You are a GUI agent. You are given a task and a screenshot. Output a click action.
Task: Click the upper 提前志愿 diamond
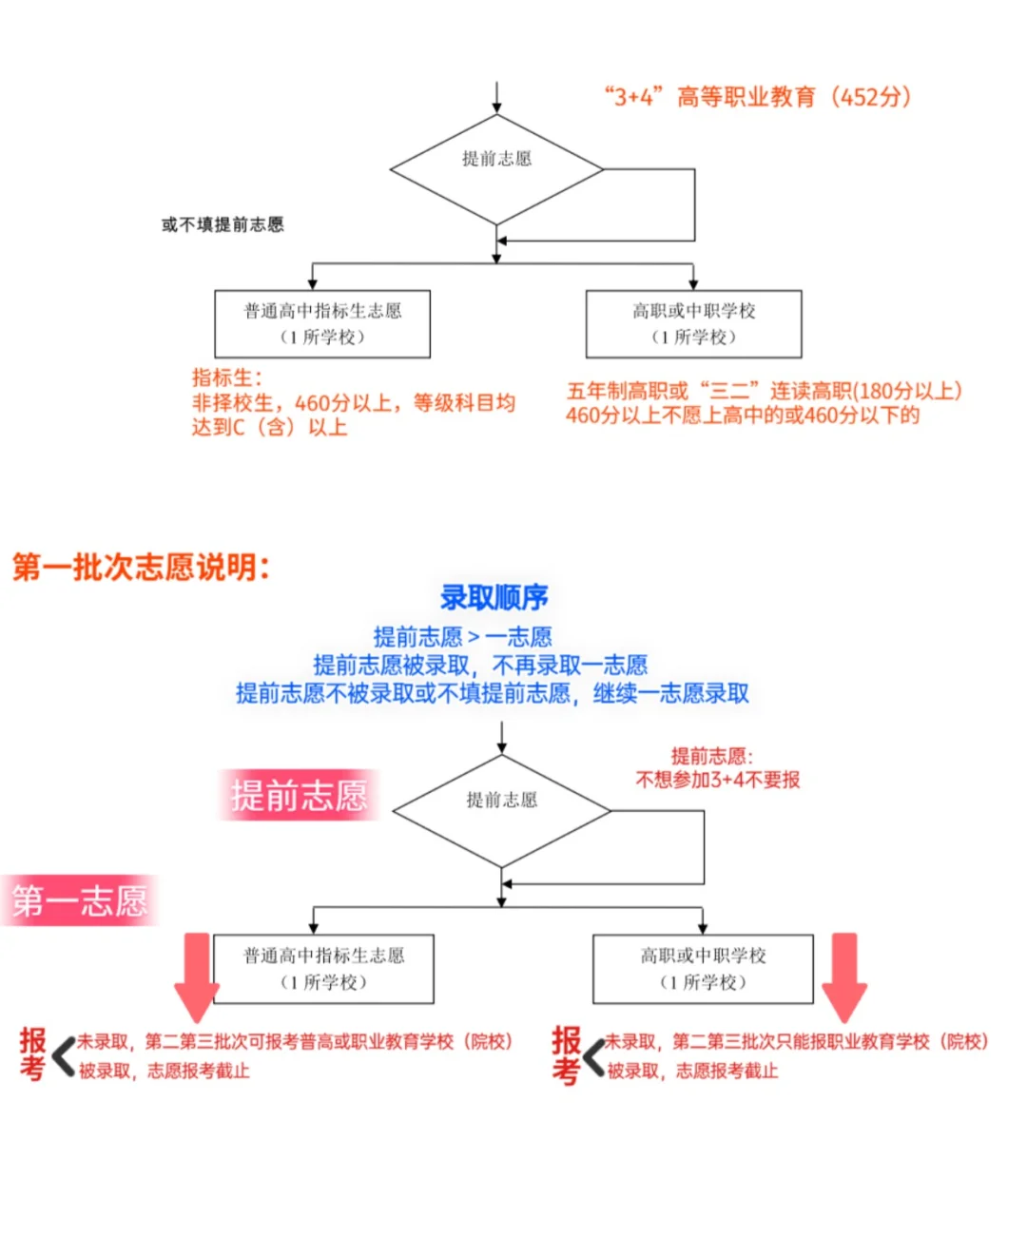point(496,169)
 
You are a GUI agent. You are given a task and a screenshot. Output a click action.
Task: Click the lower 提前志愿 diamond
point(501,810)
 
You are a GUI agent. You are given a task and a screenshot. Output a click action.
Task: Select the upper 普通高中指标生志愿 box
point(322,324)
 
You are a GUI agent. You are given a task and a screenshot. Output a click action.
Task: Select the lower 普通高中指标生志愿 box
point(323,969)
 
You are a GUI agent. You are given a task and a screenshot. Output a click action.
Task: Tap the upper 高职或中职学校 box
point(693,324)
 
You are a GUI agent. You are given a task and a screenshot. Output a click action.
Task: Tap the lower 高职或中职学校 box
point(703,969)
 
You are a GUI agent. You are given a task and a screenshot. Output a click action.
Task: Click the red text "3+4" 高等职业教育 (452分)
point(758,97)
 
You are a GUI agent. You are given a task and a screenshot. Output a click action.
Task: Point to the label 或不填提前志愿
point(223,224)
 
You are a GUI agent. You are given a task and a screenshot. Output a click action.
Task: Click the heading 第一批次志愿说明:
point(141,568)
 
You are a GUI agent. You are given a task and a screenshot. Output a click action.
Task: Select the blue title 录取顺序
point(494,597)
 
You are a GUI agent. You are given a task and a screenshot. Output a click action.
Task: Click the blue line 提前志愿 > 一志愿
point(462,636)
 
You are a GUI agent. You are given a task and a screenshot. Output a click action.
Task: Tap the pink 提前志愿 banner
point(299,795)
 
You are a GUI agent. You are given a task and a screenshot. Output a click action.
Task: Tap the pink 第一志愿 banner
point(80,899)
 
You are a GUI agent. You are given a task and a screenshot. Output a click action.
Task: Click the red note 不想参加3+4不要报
point(717,780)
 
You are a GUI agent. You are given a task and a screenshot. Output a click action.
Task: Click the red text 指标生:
point(226,377)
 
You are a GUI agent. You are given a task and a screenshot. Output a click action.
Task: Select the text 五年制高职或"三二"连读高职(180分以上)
point(764,391)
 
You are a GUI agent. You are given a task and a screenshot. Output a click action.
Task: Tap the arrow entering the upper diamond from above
point(496,98)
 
